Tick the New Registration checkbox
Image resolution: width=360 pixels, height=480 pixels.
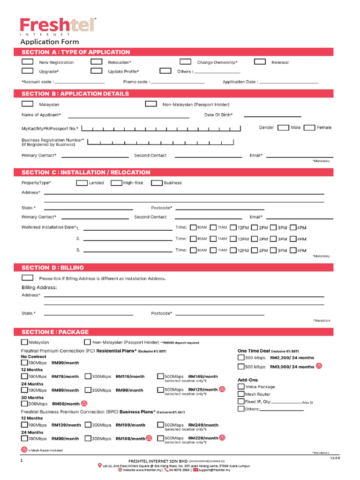pos(28,62)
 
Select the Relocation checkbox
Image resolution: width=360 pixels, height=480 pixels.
pos(97,62)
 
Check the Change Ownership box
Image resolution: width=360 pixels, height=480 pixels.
pos(186,62)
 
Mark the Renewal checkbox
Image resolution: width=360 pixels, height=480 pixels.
pos(260,62)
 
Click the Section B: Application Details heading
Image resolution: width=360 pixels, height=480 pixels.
pos(75,94)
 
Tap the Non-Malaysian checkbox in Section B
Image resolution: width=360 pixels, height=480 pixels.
pos(151,104)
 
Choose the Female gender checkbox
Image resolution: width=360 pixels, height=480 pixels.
pos(309,127)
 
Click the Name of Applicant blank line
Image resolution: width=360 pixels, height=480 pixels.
pos(129,117)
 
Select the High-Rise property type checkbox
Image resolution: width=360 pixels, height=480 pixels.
pos(116,183)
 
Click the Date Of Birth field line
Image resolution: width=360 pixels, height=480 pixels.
pos(272,116)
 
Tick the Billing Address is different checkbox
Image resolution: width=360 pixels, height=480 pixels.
pos(28,278)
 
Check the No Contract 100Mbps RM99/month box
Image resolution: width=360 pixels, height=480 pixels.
pos(24,363)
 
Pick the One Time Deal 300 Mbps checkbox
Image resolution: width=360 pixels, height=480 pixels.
pos(241,358)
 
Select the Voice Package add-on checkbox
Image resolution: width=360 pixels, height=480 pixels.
pos(241,387)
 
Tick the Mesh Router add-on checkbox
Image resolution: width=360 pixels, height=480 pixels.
pos(241,394)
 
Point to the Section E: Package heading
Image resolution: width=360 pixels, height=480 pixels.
pos(55,332)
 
